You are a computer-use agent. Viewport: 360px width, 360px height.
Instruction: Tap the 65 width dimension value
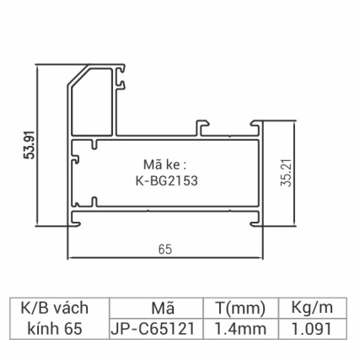[164, 249]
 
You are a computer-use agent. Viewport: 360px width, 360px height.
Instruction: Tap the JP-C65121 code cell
[157, 329]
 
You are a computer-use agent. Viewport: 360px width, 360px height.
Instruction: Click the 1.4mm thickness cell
[241, 329]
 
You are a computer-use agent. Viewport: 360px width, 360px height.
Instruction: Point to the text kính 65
[56, 329]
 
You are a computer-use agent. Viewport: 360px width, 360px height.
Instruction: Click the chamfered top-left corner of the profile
[74, 81]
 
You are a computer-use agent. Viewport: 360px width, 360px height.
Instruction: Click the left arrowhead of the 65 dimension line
[70, 257]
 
